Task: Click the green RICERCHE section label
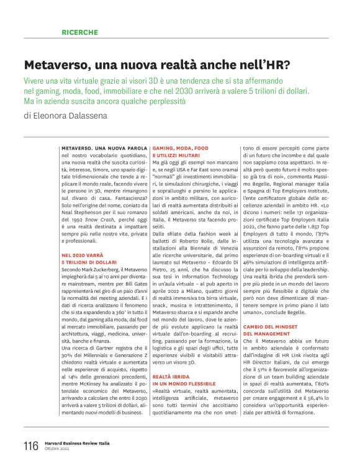tap(79, 32)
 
